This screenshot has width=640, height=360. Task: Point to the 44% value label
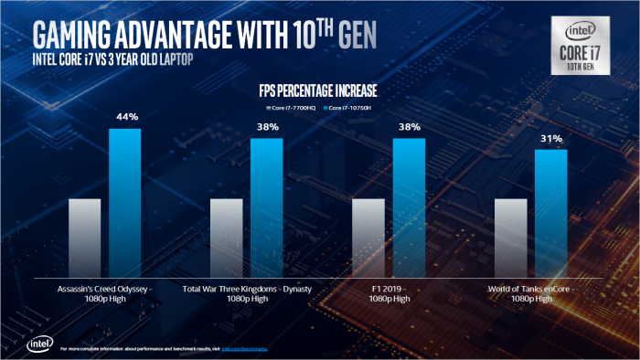point(126,117)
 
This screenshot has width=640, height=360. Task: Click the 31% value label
point(550,138)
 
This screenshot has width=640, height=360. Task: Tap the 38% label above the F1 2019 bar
point(409,127)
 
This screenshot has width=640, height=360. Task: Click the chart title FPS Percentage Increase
point(320,91)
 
